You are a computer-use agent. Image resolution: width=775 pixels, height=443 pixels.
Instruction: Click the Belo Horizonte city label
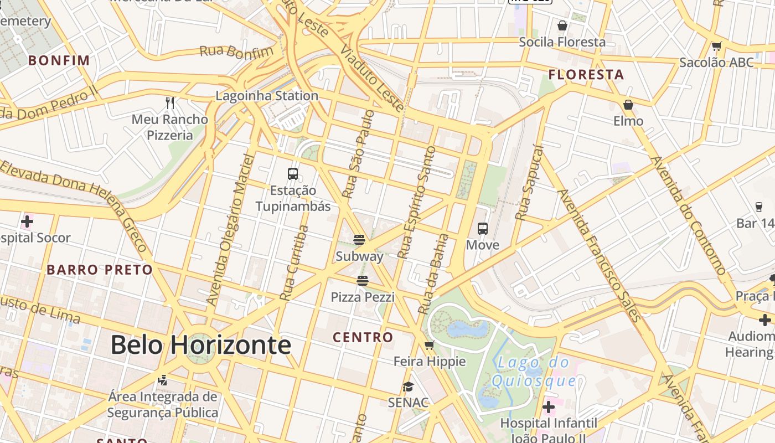coord(200,345)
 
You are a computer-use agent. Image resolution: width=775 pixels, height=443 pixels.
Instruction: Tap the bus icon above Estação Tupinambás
coord(293,174)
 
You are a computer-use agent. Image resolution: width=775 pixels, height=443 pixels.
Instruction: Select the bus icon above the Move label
coord(483,228)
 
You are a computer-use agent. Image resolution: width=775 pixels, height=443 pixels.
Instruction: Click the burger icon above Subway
coord(359,240)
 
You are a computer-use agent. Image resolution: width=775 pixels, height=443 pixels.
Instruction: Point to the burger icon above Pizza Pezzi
coord(363,281)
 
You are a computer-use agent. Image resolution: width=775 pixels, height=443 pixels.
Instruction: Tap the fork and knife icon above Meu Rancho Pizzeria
coord(170,103)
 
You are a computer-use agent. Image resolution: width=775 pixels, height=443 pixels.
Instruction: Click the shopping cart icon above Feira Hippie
coord(429,346)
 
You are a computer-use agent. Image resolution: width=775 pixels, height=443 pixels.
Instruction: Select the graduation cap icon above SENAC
coord(408,387)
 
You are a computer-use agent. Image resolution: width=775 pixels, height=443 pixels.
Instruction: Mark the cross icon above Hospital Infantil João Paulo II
coord(549,408)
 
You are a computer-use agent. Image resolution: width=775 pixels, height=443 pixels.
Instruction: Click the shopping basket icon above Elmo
coord(628,105)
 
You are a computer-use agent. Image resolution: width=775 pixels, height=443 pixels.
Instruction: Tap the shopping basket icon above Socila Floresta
coord(562,25)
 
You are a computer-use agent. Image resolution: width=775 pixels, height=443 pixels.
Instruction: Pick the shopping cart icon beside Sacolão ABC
coord(717,47)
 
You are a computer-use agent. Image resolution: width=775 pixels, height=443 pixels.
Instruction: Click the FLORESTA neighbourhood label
coord(586,75)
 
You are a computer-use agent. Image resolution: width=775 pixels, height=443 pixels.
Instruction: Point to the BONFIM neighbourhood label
coord(59,60)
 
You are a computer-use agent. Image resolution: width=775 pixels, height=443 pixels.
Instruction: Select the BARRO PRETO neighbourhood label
coord(100,270)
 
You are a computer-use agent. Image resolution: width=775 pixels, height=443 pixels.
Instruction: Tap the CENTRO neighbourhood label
coord(363,337)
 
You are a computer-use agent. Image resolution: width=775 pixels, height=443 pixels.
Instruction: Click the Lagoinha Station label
coord(267,96)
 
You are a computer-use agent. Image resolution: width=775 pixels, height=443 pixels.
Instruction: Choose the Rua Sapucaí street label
coord(529,183)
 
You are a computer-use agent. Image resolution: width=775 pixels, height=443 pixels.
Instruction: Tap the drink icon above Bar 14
coord(758,207)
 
